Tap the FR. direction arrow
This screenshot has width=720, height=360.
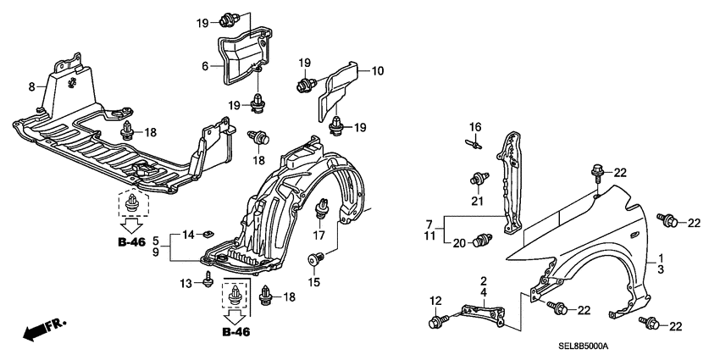[x=43, y=330]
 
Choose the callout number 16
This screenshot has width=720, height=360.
[x=475, y=127]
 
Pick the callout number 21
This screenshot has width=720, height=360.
[x=475, y=202]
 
